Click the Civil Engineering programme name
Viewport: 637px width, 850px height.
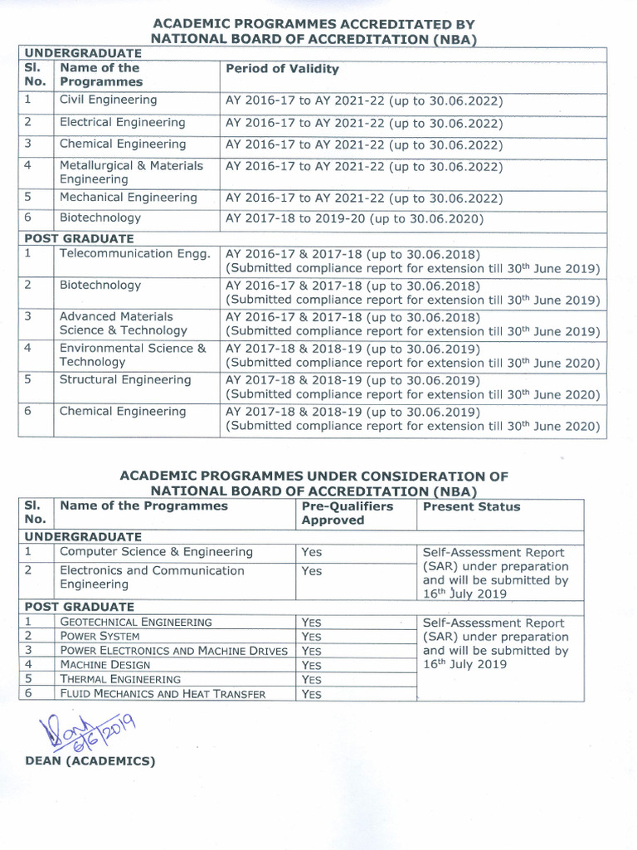pos(108,100)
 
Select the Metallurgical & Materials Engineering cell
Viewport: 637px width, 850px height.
pos(131,173)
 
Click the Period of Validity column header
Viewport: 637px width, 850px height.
pos(282,70)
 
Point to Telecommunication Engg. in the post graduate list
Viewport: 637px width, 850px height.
pos(134,254)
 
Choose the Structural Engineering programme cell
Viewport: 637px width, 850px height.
pos(125,380)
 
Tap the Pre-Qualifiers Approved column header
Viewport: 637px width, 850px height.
pos(347,513)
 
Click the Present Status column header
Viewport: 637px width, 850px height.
pos(471,506)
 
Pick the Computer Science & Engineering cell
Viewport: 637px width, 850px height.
pos(156,552)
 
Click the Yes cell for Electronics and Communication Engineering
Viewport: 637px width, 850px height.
pos(312,571)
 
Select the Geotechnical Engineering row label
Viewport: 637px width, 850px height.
pos(136,622)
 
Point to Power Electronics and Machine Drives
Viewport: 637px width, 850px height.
pos(174,651)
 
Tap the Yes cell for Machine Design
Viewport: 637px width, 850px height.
pos(311,665)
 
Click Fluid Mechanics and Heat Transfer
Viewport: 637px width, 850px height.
pos(163,694)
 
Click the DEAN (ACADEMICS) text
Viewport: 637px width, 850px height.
pos(90,760)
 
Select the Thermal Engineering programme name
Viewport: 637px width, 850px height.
pos(120,679)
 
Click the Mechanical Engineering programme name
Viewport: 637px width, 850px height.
pos(129,198)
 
